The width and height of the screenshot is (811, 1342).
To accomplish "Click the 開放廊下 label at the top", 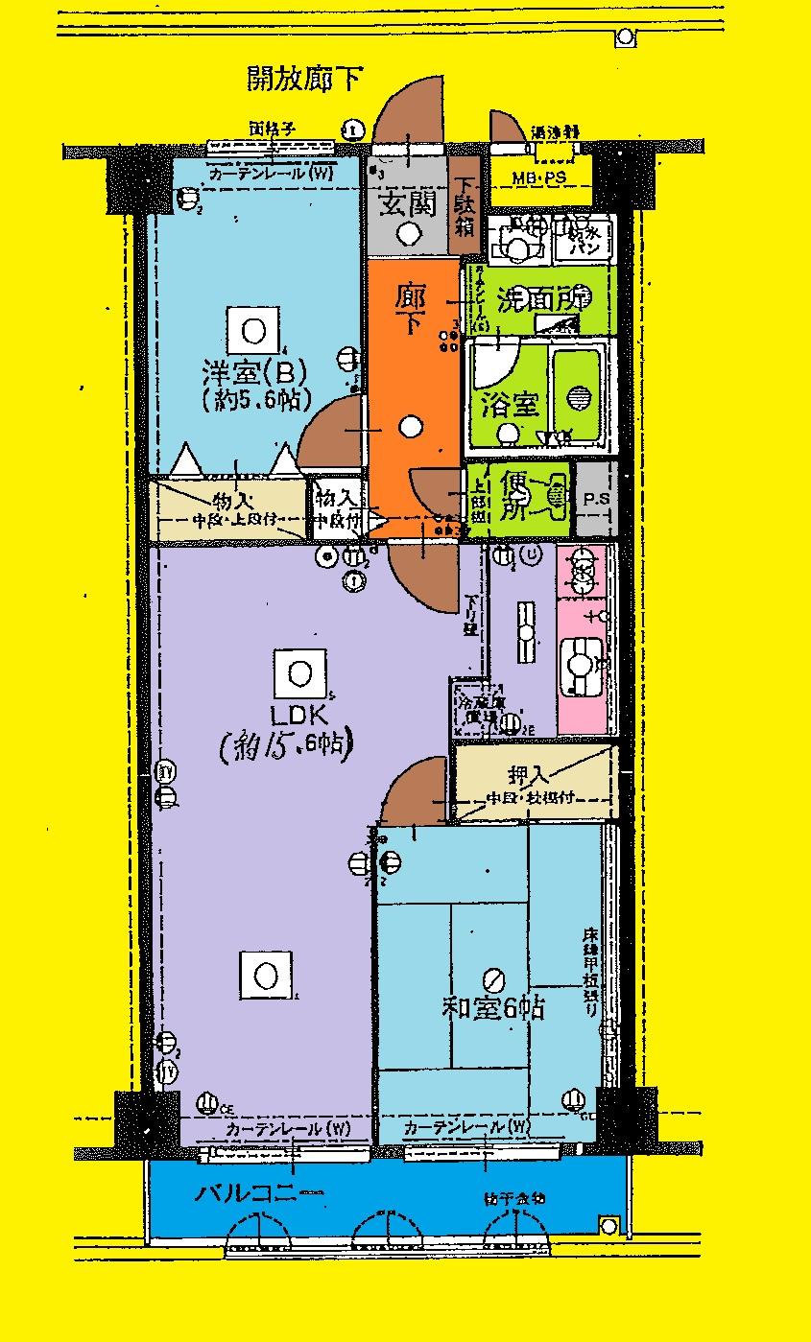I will [305, 80].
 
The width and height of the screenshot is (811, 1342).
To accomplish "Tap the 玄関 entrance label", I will [408, 203].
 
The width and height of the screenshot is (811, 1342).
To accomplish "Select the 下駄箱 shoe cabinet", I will [465, 207].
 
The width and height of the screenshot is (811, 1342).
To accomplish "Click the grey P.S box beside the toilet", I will [596, 500].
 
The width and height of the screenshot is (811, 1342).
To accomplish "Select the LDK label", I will [300, 715].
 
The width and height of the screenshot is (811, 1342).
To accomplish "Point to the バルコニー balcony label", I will [260, 1195].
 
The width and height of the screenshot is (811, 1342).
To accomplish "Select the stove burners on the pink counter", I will [582, 574].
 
